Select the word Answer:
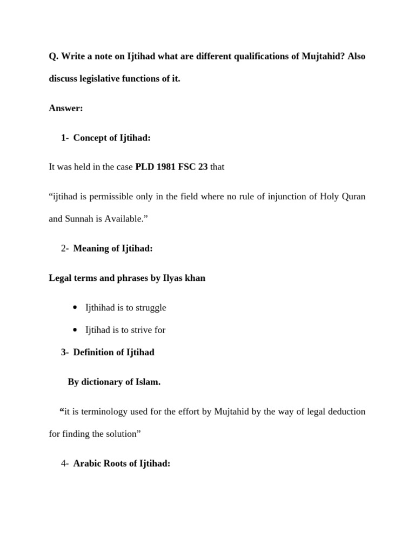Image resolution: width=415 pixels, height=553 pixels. pyautogui.click(x=66, y=108)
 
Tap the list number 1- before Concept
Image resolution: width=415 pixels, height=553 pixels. pyautogui.click(x=66, y=138)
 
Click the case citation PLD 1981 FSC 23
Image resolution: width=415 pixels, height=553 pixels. pyautogui.click(x=171, y=167)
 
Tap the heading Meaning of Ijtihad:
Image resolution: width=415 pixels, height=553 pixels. pyautogui.click(x=113, y=248)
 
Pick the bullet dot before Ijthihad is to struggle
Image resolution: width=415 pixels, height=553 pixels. pyautogui.click(x=75, y=308)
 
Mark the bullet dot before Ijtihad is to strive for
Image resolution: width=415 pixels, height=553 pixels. pyautogui.click(x=75, y=330)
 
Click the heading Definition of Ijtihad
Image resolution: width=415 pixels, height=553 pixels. pyautogui.click(x=113, y=352)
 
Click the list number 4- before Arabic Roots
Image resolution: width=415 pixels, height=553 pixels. pyautogui.click(x=65, y=463)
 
